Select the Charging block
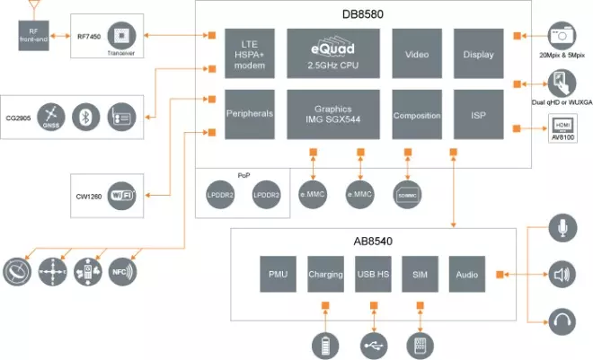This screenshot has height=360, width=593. pyautogui.click(x=324, y=273)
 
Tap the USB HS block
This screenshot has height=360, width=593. pyautogui.click(x=372, y=273)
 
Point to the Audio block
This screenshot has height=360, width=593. pyautogui.click(x=466, y=273)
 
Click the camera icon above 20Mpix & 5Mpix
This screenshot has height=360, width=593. pyautogui.click(x=562, y=35)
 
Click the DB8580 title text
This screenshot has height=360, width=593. pyautogui.click(x=358, y=13)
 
